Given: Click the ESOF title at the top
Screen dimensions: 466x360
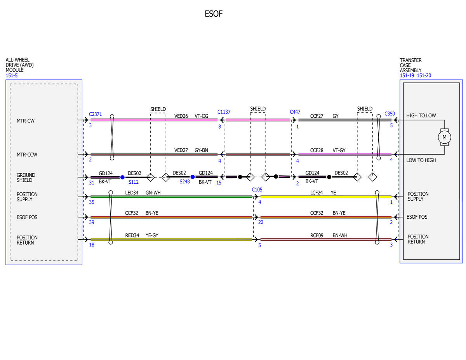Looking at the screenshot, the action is click(213, 14).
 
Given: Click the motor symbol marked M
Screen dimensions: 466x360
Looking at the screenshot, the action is click(444, 137).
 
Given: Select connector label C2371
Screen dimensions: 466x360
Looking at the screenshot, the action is click(95, 114).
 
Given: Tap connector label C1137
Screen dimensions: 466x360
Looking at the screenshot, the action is click(224, 112).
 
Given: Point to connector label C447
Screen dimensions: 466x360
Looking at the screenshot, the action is click(295, 112).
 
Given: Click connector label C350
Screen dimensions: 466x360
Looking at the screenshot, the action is click(389, 114).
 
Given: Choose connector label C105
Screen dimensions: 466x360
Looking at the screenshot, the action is click(257, 190).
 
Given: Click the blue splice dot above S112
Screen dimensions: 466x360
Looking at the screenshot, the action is click(122, 177).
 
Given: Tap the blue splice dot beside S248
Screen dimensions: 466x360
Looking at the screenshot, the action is click(192, 177).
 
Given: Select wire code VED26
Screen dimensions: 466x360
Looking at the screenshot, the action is click(181, 116).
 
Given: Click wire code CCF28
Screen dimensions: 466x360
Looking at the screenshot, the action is click(316, 150).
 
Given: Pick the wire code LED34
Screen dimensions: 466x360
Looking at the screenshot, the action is click(132, 193).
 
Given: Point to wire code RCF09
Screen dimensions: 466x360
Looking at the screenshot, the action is click(316, 235).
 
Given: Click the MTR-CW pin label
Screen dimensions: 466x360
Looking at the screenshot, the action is click(26, 121).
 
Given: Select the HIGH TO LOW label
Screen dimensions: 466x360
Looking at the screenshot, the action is click(421, 116).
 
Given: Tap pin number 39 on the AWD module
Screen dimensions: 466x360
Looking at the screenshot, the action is click(92, 222).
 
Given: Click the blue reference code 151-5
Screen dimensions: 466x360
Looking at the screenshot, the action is click(12, 75).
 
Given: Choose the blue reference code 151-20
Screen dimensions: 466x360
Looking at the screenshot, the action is click(424, 75).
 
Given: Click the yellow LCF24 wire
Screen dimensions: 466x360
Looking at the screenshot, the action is click(326, 197).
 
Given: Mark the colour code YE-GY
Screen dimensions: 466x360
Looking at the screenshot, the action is click(152, 235).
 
